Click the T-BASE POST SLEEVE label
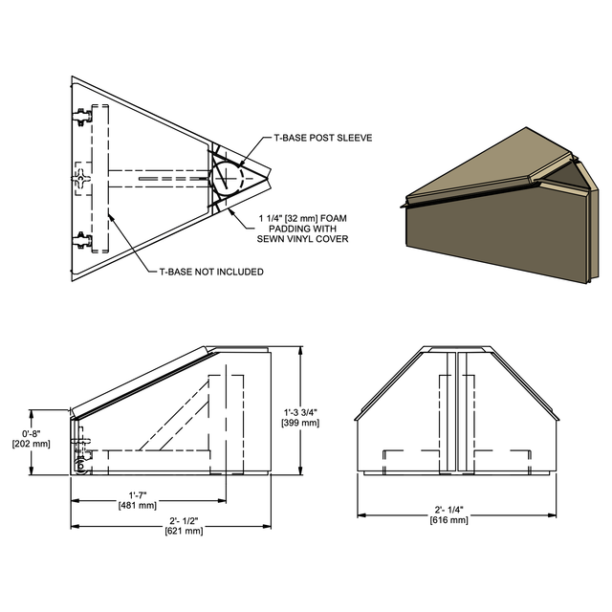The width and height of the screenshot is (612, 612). [x=322, y=138]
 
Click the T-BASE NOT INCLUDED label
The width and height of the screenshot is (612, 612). [x=210, y=272]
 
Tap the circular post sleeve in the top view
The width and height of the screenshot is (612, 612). [x=229, y=178]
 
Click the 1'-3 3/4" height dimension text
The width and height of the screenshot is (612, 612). [x=302, y=412]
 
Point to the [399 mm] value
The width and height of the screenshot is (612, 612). [x=302, y=423]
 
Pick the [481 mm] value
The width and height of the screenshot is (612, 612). [x=137, y=505]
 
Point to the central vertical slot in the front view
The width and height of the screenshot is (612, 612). [x=456, y=411]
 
